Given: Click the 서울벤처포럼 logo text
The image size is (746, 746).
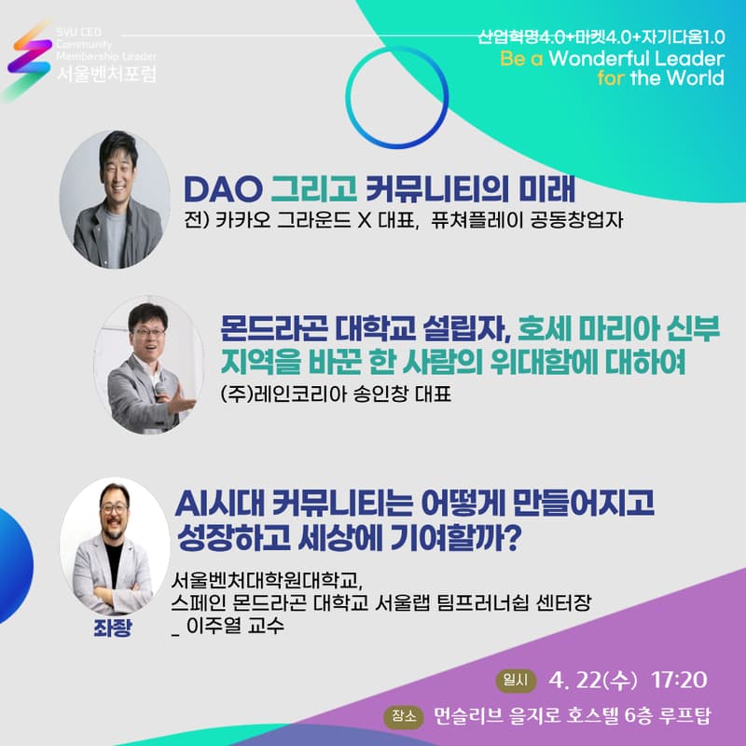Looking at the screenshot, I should click(105, 72).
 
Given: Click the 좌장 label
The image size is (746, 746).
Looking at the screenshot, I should click(113, 627).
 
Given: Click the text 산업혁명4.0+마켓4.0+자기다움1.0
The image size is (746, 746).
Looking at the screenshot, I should click(601, 38).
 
